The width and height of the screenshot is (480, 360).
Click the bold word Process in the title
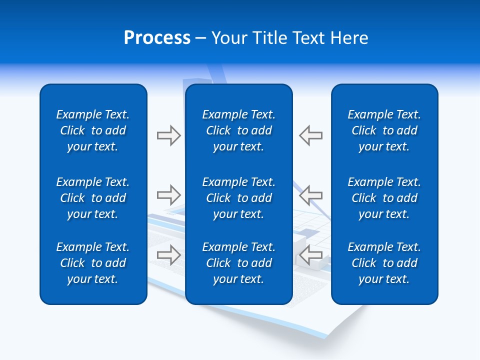pos(157,38)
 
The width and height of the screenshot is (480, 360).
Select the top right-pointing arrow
pos(168,135)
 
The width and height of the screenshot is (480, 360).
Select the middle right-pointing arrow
pos(168,194)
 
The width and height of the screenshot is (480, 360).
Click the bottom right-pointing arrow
pos(168,254)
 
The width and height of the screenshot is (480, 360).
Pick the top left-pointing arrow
pos(310,135)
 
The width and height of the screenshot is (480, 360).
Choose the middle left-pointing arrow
pos(310,194)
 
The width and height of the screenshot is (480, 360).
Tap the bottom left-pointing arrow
pos(310,254)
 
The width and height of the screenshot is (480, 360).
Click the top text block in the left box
pos(92,130)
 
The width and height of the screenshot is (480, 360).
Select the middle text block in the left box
pos(92,198)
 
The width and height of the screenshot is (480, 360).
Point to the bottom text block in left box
pos(92,263)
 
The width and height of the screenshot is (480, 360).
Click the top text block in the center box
pos(238,130)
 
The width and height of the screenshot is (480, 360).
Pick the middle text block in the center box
pos(238,198)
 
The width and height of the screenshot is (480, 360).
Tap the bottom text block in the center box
pos(238,263)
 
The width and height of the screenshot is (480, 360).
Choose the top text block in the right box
pos(384,130)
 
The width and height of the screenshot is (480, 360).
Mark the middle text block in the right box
pos(384,198)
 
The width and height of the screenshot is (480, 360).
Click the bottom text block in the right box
pos(384,263)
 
